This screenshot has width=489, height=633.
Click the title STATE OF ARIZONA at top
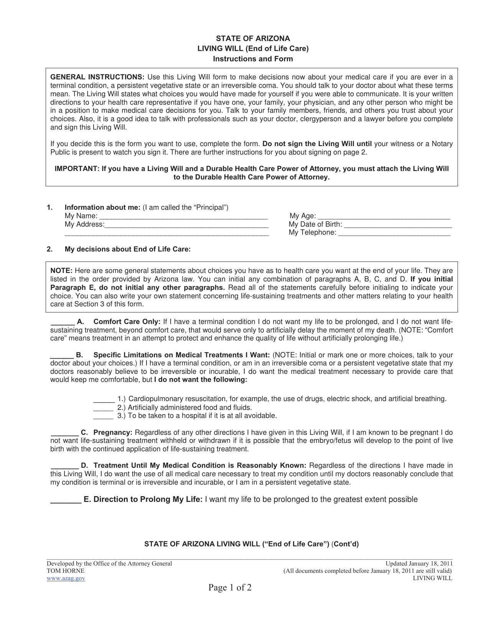pos(253,39)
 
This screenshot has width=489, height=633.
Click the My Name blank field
pos(183,216)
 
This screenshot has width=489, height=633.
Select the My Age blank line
pos(384,216)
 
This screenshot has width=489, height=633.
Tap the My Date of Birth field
pos(398,225)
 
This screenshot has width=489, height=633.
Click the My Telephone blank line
pos(395,233)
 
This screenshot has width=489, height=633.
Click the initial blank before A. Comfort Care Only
pos(63,322)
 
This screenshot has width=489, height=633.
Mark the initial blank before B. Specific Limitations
pos(62,355)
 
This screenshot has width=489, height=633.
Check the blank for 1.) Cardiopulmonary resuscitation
pos(104,399)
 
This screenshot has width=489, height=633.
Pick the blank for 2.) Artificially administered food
pos(104,408)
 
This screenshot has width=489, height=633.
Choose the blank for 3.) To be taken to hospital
pos(104,416)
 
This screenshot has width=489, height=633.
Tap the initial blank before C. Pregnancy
pos(65,432)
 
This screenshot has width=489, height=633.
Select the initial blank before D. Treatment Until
pos(65,466)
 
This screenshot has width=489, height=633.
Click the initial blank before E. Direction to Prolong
pos(66,500)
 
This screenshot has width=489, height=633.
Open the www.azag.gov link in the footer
pos(66,579)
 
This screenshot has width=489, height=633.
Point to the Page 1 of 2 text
pos(230,588)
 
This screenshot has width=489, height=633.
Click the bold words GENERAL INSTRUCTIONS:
pos(97,77)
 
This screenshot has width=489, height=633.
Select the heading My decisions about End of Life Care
pos(127,250)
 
